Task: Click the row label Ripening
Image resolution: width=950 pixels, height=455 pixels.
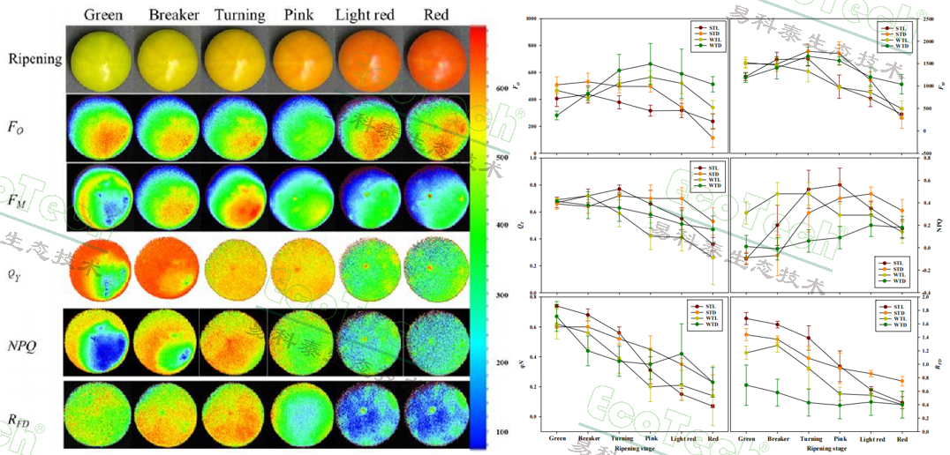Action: click(35, 59)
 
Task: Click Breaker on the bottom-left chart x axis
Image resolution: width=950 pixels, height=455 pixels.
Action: click(590, 438)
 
